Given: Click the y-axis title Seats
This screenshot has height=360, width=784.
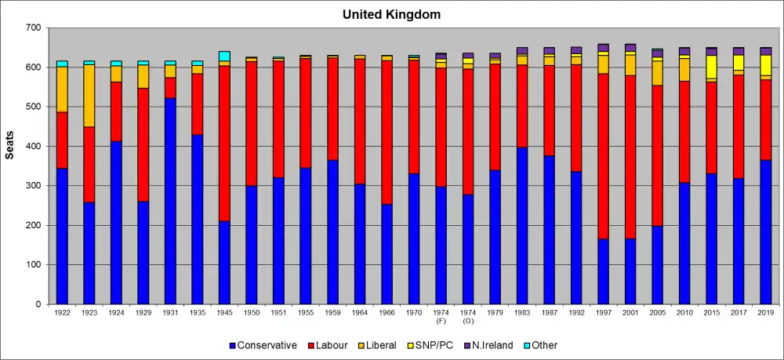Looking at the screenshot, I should [10, 146].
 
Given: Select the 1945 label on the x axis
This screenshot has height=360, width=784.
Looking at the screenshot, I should [224, 313].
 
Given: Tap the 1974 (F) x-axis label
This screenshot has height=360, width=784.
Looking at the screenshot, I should [441, 317].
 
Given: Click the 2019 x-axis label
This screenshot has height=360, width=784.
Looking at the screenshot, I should [765, 313].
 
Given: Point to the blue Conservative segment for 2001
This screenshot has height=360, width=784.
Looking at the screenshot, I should [630, 271].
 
